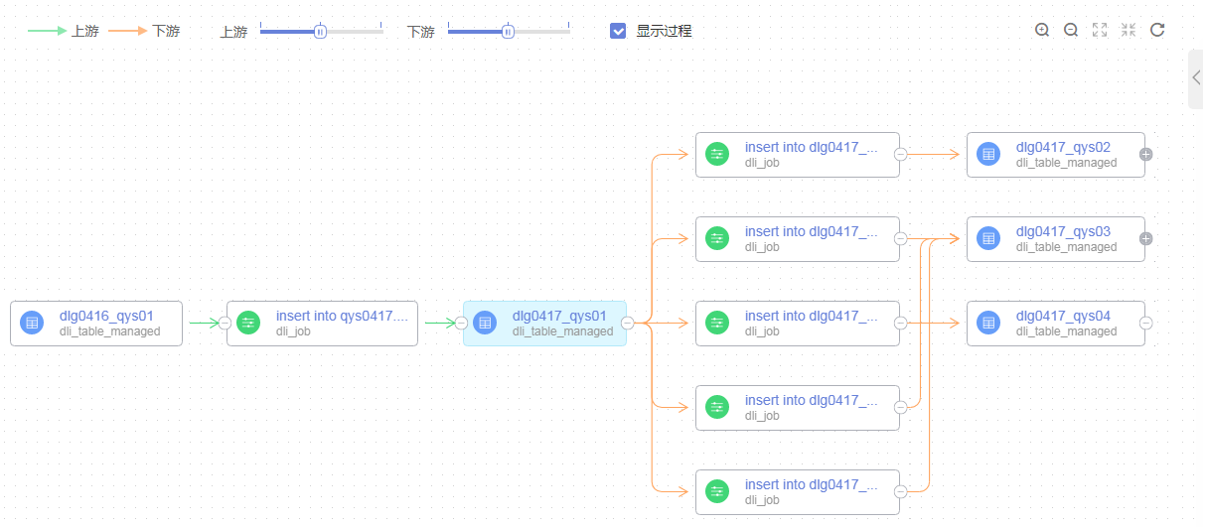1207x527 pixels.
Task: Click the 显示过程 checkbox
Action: coord(618,31)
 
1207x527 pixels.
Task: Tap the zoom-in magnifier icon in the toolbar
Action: coord(1042,30)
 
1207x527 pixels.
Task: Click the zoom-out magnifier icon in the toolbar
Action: coord(1071,30)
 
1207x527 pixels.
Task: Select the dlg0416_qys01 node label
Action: coord(106,317)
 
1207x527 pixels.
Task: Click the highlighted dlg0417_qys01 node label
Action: coord(559,317)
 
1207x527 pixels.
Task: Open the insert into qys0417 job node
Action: coord(342,317)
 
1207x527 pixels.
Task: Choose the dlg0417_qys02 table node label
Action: coord(1063,148)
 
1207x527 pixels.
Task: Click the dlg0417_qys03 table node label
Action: coord(1063,232)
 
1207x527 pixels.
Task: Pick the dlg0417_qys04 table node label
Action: coord(1063,317)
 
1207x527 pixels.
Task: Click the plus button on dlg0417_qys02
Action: coord(1145,155)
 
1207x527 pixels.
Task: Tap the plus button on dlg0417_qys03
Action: coord(1145,239)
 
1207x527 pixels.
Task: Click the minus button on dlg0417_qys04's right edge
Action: coord(1145,324)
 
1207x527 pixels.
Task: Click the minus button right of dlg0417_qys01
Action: coord(628,324)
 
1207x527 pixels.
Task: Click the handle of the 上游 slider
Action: coord(320,32)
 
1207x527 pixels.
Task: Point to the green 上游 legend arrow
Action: coord(47,31)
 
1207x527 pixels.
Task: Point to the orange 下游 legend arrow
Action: coord(127,31)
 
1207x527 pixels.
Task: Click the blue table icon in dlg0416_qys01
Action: coord(32,324)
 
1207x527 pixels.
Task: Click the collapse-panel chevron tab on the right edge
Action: coord(1196,78)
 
